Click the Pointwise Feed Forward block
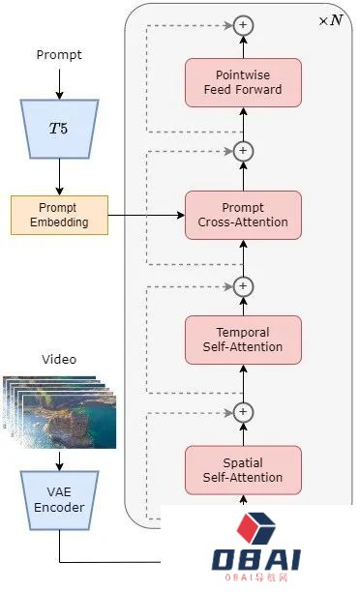(x=243, y=82)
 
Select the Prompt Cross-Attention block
(x=243, y=215)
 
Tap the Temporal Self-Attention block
(x=243, y=340)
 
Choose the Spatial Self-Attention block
(x=243, y=469)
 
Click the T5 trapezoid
(x=58, y=128)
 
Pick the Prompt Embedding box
(x=58, y=215)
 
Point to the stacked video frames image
(x=59, y=411)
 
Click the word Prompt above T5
(x=58, y=55)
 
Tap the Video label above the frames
(x=58, y=360)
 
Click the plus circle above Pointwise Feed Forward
(x=244, y=24)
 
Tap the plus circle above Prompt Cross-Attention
(x=244, y=151)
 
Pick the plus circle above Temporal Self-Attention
(x=244, y=286)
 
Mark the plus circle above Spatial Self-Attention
(x=244, y=412)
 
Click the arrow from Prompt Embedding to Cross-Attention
(x=145, y=215)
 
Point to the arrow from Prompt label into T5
(x=58, y=85)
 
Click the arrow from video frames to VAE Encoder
(x=58, y=459)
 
